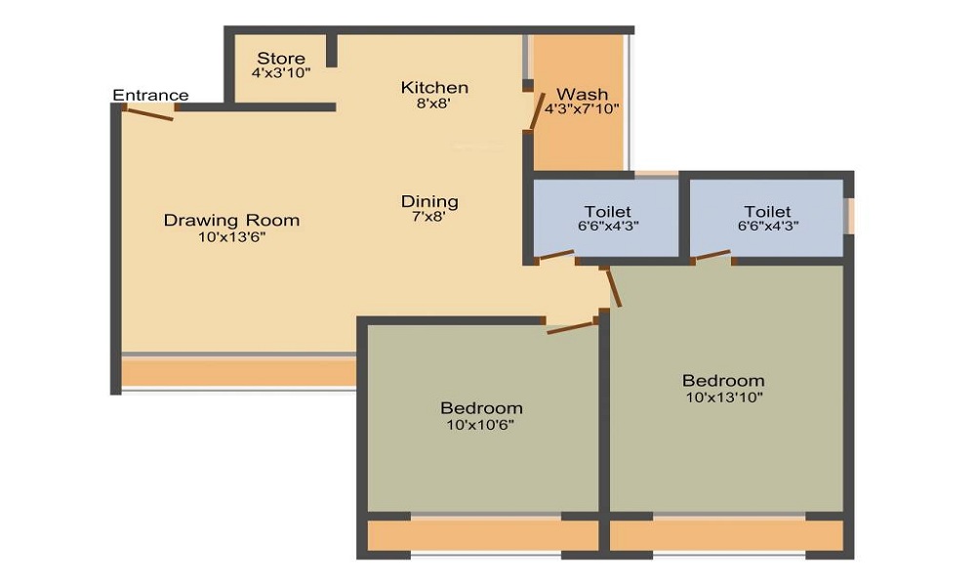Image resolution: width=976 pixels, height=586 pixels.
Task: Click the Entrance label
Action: coord(150,95)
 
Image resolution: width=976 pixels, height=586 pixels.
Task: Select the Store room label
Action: coord(281,59)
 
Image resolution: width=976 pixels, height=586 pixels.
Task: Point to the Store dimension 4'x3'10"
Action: coord(281,73)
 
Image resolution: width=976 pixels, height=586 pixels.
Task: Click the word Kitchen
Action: coord(434,88)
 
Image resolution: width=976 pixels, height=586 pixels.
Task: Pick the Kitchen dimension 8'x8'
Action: coord(434,103)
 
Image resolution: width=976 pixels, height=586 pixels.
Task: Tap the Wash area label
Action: coord(582,95)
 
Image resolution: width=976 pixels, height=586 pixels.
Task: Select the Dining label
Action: coord(429,202)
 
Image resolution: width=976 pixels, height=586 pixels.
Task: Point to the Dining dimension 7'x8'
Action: coord(429,217)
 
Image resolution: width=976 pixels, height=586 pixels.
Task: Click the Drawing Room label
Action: coord(231,221)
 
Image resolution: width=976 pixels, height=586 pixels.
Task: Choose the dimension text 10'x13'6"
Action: coord(231,236)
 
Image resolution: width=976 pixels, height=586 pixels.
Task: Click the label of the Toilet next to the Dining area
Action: coord(607,212)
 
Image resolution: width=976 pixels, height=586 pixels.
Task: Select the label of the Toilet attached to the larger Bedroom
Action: coord(767,212)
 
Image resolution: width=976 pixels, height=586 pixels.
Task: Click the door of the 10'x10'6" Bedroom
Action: coord(571,326)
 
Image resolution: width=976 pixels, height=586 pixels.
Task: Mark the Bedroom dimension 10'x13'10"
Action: coord(723,397)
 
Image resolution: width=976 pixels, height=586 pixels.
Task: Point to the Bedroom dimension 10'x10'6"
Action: coord(481,424)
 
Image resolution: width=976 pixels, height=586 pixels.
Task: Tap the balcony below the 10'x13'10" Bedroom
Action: coord(726,535)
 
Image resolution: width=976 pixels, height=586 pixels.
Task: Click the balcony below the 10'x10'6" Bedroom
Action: coord(482,535)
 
